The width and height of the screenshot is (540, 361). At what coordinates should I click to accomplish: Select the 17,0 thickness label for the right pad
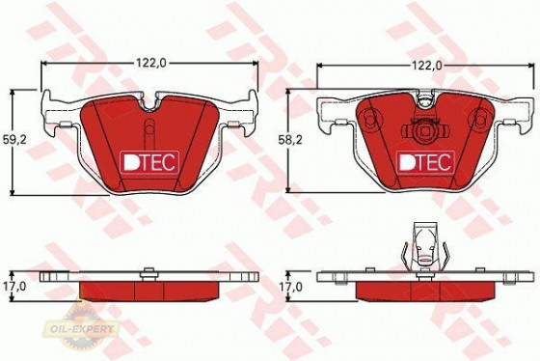(291, 287)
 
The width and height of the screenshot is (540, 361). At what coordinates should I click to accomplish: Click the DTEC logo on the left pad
(146, 163)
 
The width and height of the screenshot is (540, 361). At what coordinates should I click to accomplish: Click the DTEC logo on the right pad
(421, 162)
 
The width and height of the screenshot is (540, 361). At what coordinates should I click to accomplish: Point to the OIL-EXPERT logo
(87, 328)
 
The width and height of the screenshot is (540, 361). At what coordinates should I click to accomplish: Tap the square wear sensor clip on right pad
(421, 133)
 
